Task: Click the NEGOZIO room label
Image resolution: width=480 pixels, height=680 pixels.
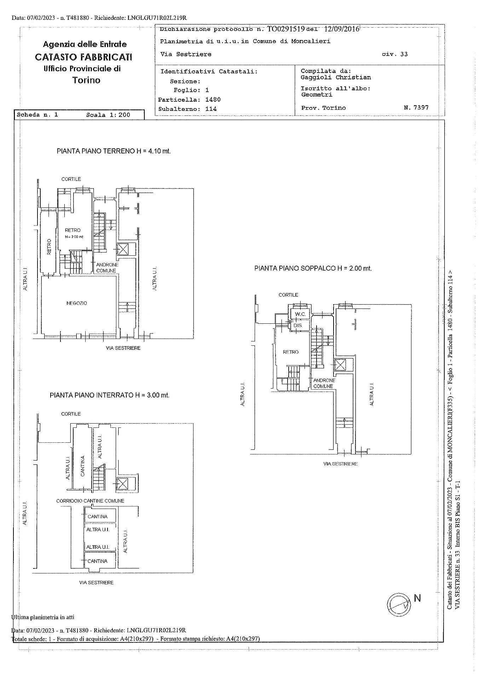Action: click(76, 303)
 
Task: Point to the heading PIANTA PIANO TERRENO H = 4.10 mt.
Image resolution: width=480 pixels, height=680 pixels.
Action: click(114, 151)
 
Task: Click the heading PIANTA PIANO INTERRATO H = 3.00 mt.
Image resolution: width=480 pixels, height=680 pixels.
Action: click(110, 395)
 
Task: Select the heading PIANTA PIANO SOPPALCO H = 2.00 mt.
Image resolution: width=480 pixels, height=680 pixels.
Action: click(313, 268)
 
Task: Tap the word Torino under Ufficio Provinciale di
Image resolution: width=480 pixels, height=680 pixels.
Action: click(86, 80)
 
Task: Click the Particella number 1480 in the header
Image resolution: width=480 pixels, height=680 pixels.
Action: click(213, 100)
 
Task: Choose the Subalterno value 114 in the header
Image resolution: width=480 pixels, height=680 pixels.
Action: click(211, 109)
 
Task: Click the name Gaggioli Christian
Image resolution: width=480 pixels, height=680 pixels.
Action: click(336, 77)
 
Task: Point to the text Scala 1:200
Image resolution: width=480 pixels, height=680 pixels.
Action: click(108, 115)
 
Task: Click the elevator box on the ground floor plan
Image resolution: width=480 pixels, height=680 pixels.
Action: click(123, 249)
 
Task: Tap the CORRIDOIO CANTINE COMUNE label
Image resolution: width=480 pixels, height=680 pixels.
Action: click(90, 501)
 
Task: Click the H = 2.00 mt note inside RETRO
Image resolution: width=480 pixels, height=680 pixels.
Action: click(74, 237)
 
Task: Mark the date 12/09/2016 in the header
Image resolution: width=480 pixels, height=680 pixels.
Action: click(341, 29)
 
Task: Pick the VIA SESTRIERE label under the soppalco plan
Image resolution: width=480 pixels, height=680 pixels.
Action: click(340, 464)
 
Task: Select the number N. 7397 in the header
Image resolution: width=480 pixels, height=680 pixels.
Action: click(416, 107)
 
